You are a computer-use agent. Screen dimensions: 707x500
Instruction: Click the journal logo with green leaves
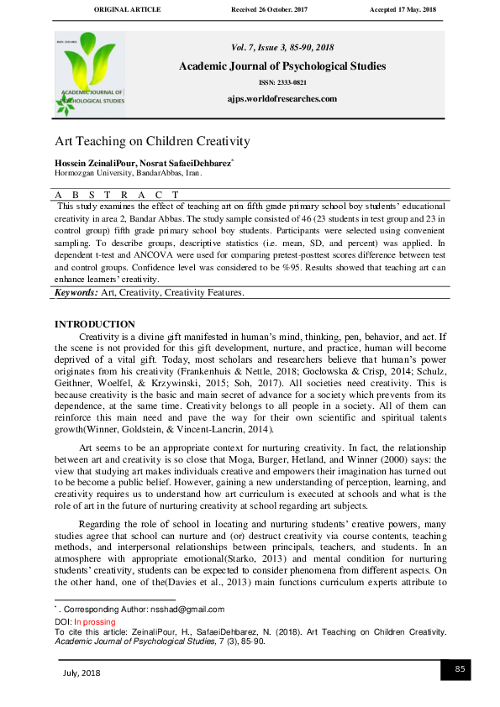pyautogui.click(x=90, y=73)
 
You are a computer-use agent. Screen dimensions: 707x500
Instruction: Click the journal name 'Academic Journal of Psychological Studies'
pyautogui.click(x=282, y=66)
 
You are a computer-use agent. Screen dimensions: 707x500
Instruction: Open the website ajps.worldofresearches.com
pyautogui.click(x=282, y=98)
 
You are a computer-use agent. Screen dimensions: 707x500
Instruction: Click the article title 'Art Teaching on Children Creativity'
pyautogui.click(x=152, y=141)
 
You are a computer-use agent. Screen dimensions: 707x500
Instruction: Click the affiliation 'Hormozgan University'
pyautogui.click(x=91, y=172)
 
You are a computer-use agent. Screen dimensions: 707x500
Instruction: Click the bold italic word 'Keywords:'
pyautogui.click(x=76, y=293)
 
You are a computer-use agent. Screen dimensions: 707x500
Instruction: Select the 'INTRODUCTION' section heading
pyautogui.click(x=94, y=324)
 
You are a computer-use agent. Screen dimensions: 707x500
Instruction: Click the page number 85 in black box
pyautogui.click(x=460, y=668)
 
